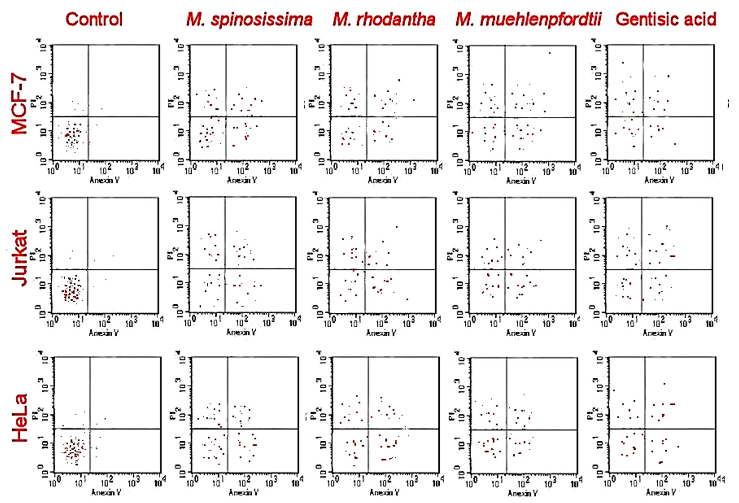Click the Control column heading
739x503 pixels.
(x=94, y=20)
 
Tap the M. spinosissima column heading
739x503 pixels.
(x=250, y=20)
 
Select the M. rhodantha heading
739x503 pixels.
(x=384, y=20)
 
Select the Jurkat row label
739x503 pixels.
(x=20, y=258)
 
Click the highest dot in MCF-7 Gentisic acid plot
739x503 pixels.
(x=623, y=63)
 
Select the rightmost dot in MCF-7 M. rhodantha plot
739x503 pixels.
(x=414, y=100)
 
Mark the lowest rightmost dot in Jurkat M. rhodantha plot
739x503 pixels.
(x=407, y=299)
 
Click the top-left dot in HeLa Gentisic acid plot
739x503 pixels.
(x=614, y=390)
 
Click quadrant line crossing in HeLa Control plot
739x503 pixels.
(x=90, y=429)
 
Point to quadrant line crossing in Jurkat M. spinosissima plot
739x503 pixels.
(x=225, y=269)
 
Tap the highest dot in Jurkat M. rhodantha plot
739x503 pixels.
(x=397, y=227)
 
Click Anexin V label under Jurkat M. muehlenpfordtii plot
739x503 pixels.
(x=521, y=333)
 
